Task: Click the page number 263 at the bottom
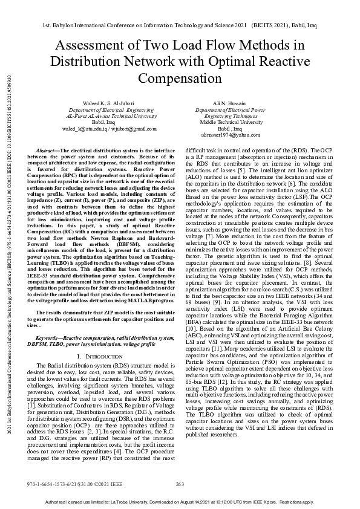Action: [x=179, y=484]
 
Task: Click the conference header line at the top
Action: [x=180, y=27]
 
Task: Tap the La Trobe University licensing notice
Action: [x=180, y=502]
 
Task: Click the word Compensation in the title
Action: [x=180, y=79]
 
